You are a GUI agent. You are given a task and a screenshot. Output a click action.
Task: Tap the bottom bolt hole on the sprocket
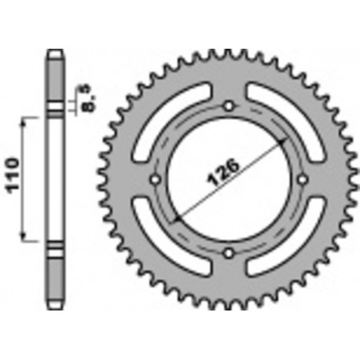(229, 252)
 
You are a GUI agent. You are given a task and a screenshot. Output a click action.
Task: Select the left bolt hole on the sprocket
(155, 179)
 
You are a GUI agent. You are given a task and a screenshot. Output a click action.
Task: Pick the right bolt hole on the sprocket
(302, 179)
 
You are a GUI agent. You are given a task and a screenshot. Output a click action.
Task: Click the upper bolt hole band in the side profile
(54, 109)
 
